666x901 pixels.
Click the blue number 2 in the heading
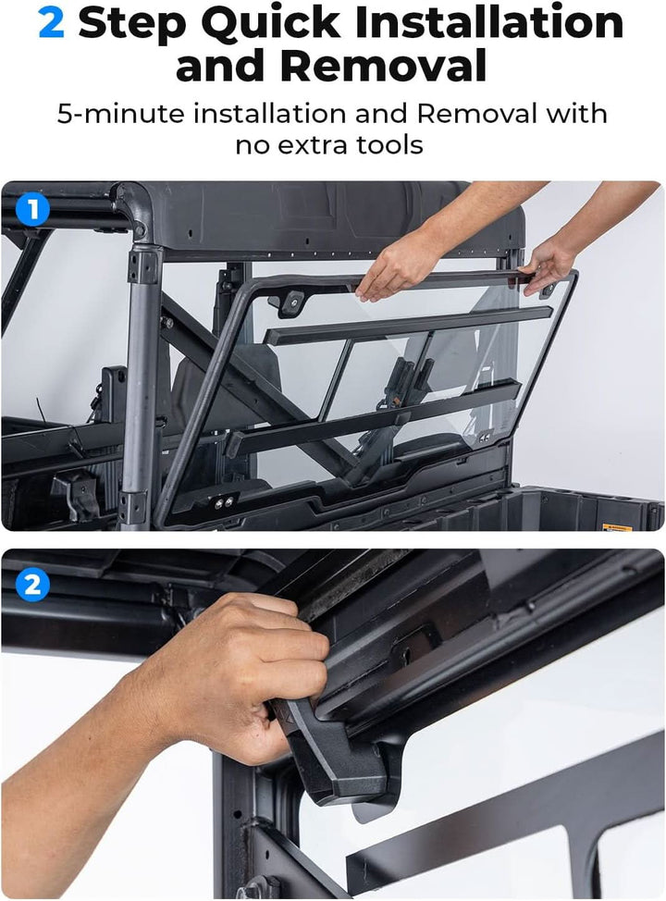pyautogui.click(x=51, y=23)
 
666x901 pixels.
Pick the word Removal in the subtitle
pyautogui.click(x=476, y=115)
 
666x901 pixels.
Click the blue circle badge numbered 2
pyautogui.click(x=32, y=585)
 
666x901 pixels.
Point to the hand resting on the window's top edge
pyautogui.click(x=400, y=269)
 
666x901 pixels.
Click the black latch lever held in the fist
pyautogui.click(x=342, y=759)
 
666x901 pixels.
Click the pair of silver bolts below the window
pyautogui.click(x=223, y=503)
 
